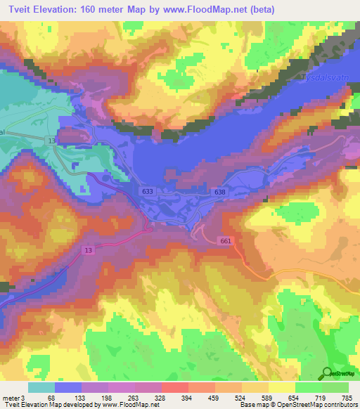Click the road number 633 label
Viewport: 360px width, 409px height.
point(146,190)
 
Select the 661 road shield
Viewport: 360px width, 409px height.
point(224,242)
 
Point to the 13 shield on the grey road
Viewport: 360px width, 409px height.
point(52,141)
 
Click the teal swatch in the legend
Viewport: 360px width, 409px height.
point(41,387)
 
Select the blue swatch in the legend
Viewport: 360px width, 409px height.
point(68,387)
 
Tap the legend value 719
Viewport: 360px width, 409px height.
point(320,398)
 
